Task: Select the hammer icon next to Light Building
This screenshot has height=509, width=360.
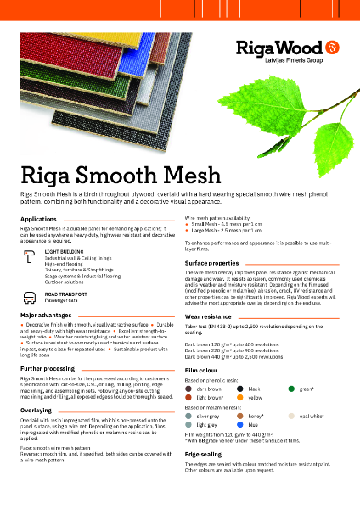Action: coord(31,255)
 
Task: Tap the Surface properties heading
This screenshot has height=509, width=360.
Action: coord(211,264)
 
